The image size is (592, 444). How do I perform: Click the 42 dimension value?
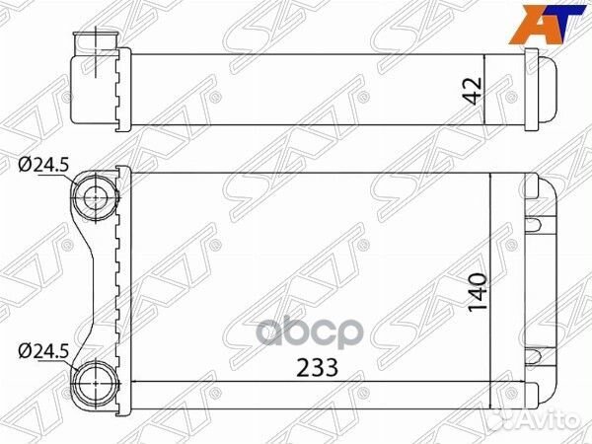tap(475, 90)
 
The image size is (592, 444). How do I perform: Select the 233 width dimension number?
tap(317, 368)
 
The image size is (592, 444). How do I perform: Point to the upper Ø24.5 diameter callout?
tap(43, 165)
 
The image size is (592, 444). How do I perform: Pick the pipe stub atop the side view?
tap(97, 41)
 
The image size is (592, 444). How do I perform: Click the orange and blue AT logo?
tap(547, 24)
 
